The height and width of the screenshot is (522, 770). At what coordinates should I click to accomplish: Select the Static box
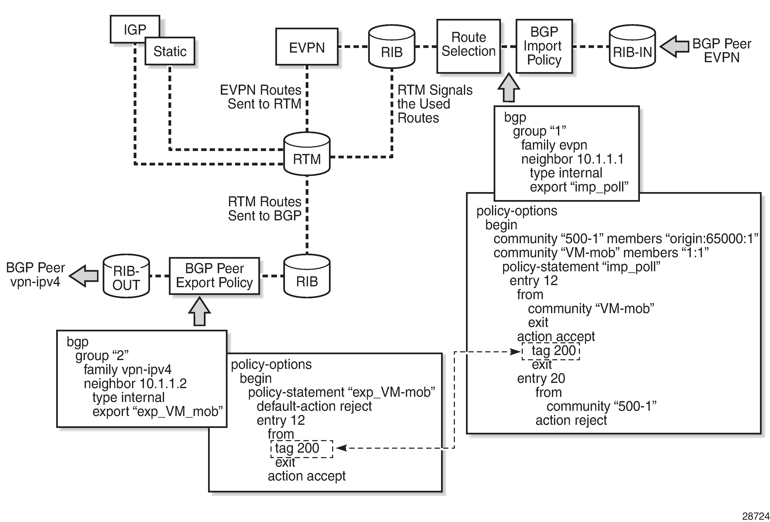(x=170, y=51)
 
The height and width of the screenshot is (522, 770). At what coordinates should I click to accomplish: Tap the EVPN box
(x=307, y=47)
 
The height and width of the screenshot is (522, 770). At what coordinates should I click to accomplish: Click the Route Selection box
(x=468, y=46)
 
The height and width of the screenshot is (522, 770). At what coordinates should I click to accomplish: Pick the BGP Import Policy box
(x=544, y=46)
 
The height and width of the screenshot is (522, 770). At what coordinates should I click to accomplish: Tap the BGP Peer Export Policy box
(x=214, y=276)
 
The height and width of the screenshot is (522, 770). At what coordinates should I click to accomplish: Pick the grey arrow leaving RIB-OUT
(x=84, y=276)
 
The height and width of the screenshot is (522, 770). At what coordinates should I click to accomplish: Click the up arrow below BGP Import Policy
(x=509, y=88)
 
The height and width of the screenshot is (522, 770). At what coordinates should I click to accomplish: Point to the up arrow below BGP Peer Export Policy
(x=199, y=311)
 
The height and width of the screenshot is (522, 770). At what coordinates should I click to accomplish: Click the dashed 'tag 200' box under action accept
(x=551, y=351)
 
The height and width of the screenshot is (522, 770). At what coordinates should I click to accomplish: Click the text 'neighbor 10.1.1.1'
(x=572, y=159)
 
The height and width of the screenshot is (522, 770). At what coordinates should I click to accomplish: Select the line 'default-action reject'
(x=314, y=406)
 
